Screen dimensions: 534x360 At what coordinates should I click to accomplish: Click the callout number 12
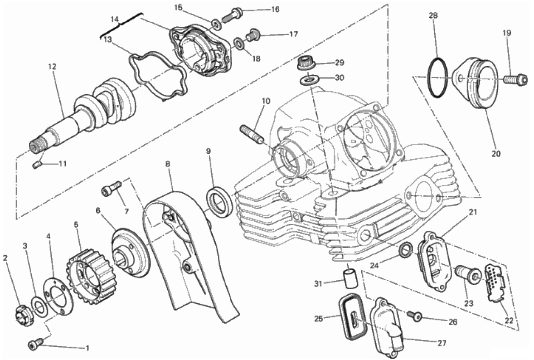52,66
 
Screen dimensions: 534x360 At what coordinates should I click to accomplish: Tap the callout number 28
433,15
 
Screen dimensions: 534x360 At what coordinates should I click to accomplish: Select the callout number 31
318,283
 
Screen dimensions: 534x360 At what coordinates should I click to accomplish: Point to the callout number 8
168,164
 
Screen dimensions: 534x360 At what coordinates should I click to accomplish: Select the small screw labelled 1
36,345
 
